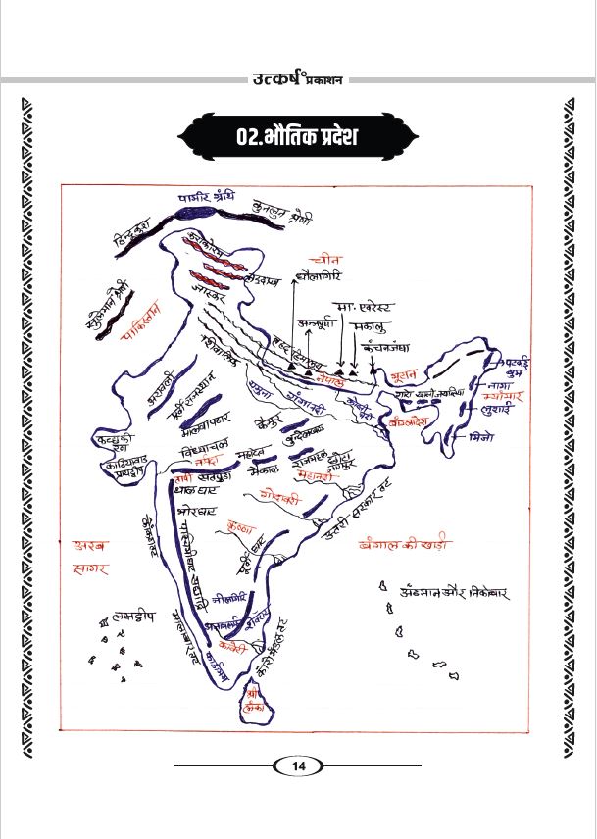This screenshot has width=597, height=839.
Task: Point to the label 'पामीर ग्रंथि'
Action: click(x=207, y=197)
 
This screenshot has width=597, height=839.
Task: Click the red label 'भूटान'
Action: click(x=401, y=374)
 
